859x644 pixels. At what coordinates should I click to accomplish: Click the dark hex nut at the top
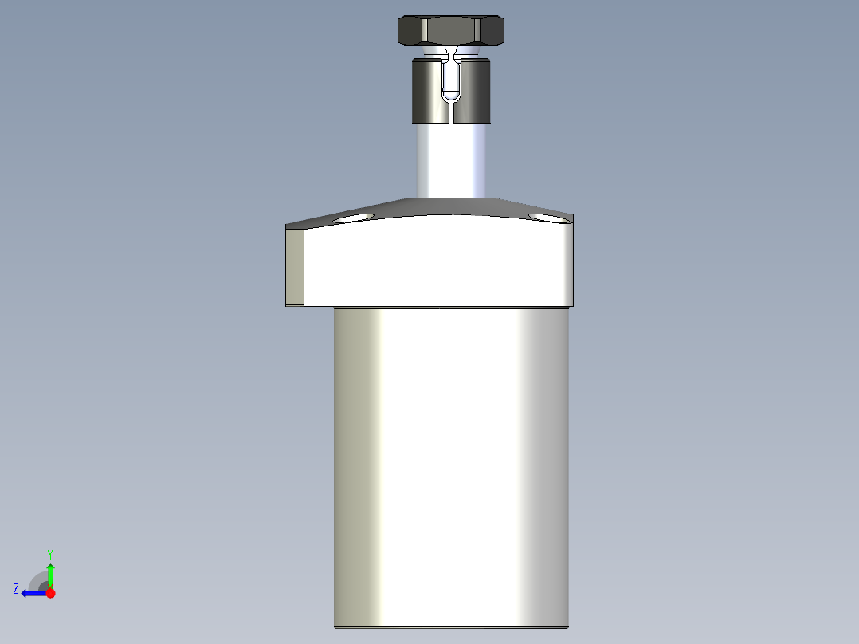pos(451,30)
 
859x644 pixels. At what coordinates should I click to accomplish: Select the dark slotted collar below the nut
pos(427,91)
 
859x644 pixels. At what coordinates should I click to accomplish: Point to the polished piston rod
pos(451,159)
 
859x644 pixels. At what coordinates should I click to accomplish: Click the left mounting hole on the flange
pos(354,217)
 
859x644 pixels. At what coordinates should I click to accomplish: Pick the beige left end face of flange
pos(295,266)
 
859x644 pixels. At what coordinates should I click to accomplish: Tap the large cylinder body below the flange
pos(451,462)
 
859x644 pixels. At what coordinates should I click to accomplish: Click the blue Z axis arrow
pos(32,593)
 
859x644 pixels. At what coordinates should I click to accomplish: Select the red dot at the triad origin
pos(50,593)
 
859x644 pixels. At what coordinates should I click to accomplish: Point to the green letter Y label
pos(49,553)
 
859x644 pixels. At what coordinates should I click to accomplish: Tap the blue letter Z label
pos(16,589)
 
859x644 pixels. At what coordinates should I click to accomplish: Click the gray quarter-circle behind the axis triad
pos(38,579)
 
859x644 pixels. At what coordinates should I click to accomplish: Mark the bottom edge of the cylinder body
pos(451,627)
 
